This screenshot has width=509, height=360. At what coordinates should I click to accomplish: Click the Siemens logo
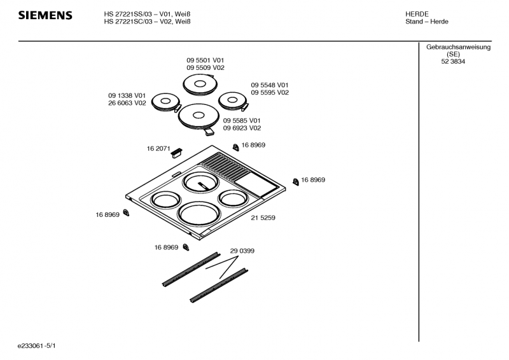click(45, 15)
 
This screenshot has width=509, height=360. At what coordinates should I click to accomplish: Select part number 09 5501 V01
click(205, 60)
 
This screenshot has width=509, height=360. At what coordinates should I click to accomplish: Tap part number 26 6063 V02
click(127, 103)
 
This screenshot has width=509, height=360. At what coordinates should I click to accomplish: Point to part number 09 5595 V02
click(270, 92)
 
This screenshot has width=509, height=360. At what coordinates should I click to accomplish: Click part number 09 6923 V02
click(242, 128)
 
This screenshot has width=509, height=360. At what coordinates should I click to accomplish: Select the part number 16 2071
click(158, 148)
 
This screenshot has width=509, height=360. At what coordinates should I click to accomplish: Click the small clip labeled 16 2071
click(176, 153)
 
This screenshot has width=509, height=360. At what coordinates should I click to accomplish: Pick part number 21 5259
click(263, 218)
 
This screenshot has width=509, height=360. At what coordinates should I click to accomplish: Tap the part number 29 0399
click(242, 251)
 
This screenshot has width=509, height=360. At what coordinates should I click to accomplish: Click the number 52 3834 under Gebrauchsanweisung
click(453, 61)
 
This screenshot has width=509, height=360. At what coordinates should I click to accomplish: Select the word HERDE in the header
click(417, 14)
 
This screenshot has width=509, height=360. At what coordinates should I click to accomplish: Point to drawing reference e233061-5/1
click(37, 346)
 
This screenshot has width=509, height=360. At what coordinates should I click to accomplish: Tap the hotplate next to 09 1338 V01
click(166, 102)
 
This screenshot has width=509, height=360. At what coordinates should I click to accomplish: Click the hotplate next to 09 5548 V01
click(233, 100)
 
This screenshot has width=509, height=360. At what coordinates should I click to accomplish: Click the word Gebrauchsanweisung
click(458, 47)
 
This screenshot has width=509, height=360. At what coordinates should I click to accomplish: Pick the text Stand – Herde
click(426, 22)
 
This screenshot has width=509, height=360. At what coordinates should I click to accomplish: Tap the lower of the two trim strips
click(219, 286)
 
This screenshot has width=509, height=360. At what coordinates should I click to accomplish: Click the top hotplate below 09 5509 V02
click(200, 85)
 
